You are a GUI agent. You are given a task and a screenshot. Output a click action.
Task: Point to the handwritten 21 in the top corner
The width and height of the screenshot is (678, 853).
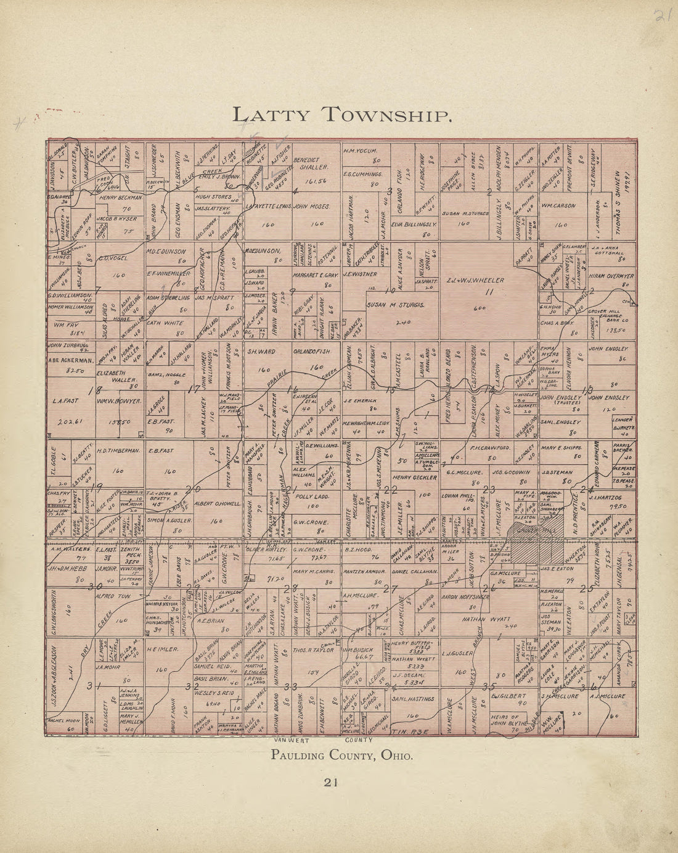(662, 15)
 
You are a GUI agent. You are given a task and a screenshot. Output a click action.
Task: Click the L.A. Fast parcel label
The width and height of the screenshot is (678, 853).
(64, 400)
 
